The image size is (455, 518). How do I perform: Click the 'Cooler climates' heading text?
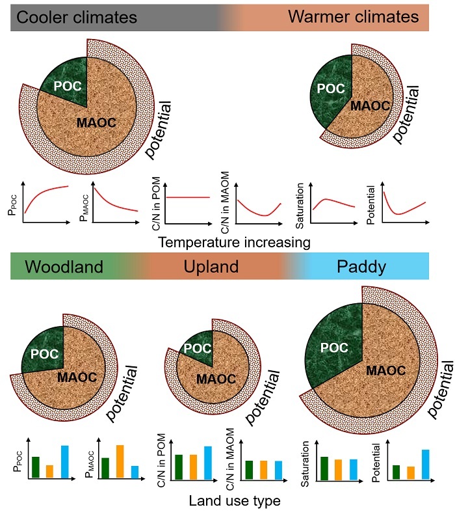[77, 17]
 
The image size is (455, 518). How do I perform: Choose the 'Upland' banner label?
[220, 267]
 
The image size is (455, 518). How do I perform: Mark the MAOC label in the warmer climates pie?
[369, 106]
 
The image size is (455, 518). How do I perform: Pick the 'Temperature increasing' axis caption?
[232, 242]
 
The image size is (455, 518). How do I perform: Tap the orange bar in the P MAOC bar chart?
[120, 461]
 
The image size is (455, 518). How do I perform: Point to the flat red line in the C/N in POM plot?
[190, 197]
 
